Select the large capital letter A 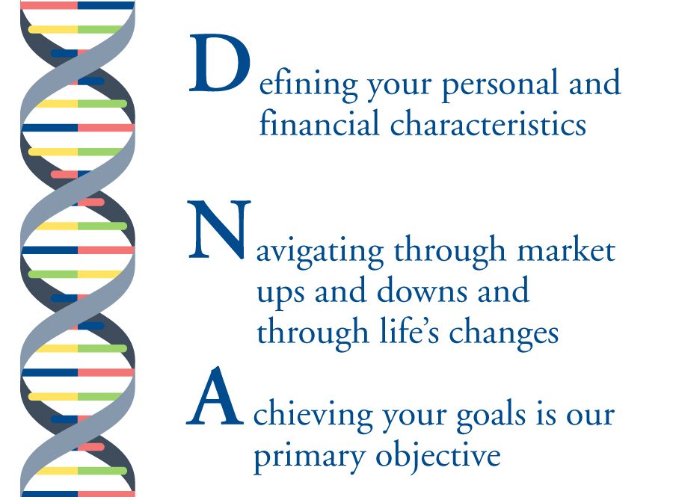tap(215, 397)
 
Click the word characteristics tap(488, 123)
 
